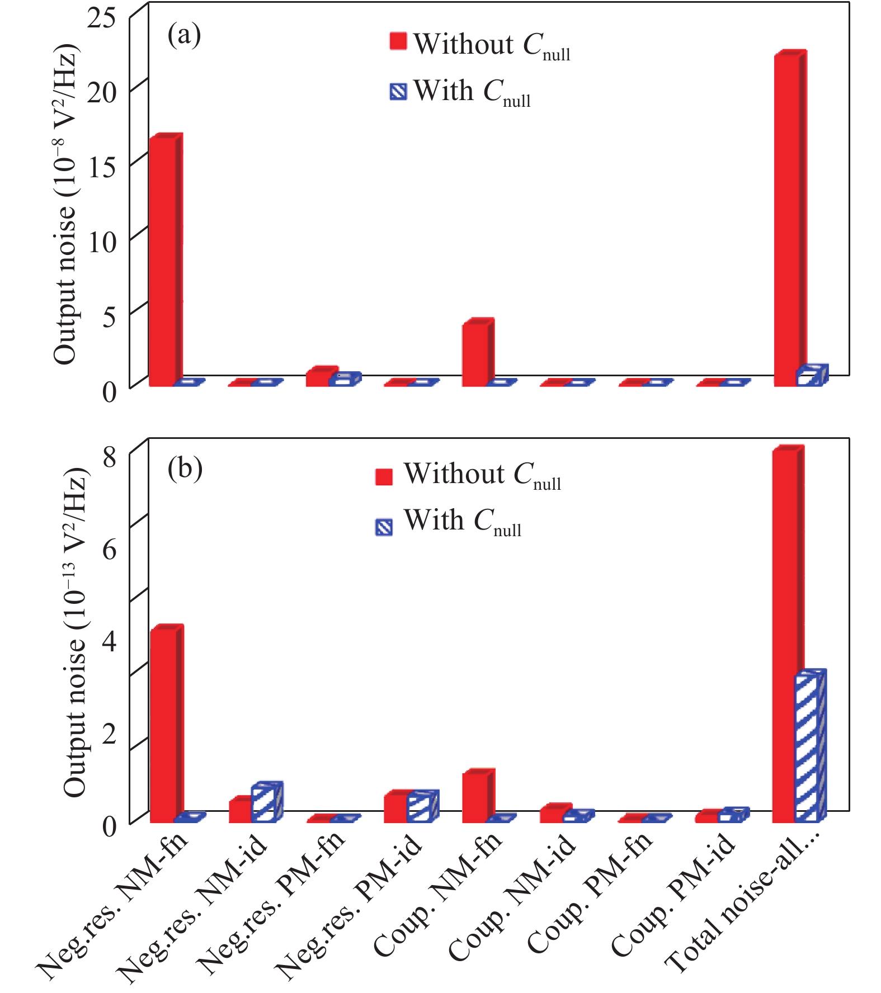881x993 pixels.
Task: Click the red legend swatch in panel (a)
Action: [x=398, y=42]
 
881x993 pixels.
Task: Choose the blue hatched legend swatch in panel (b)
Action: [x=384, y=527]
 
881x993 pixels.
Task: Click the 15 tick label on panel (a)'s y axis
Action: [x=102, y=166]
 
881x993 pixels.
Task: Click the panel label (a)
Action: [x=184, y=35]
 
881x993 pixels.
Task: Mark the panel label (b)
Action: [x=185, y=469]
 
